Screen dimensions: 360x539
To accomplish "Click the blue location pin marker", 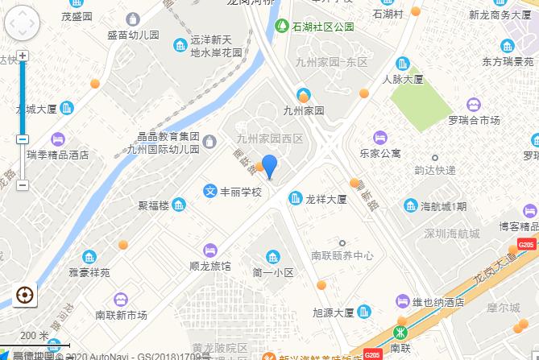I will tap(270, 166).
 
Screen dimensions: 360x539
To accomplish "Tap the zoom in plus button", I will tap(23, 56).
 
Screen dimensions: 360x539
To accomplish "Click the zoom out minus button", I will tap(23, 185).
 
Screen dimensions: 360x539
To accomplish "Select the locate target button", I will tap(23, 295).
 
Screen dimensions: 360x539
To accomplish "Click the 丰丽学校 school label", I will tap(241, 192).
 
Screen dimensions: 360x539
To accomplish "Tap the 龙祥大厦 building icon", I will tap(295, 198).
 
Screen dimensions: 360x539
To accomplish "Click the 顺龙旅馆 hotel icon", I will tap(211, 249).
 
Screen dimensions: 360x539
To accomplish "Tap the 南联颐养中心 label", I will tap(342, 255).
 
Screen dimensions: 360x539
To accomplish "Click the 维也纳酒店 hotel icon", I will tap(402, 301).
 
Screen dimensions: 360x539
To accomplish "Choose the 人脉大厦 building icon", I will tap(402, 64).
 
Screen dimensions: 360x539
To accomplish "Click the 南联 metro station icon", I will tap(400, 333).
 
